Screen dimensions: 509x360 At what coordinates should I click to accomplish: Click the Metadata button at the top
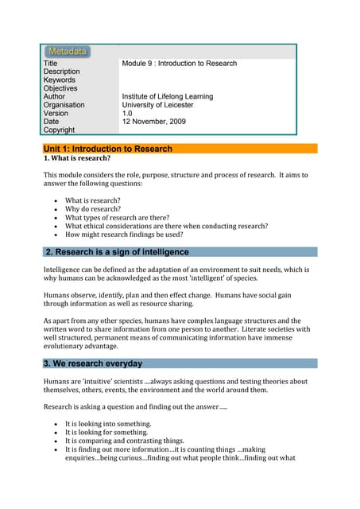[68, 52]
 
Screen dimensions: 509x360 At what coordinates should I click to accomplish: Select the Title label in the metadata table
[50, 64]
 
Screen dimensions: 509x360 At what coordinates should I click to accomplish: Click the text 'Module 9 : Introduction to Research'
[179, 64]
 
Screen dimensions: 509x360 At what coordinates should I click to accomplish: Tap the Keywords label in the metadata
[60, 80]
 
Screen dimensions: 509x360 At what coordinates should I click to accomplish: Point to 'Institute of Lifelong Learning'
[167, 97]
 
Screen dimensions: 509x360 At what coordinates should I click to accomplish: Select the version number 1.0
[127, 114]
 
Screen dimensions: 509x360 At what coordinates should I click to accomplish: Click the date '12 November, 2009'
[153, 122]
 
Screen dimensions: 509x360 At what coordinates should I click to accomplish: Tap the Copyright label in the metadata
[59, 130]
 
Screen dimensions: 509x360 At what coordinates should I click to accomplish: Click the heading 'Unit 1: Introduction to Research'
[108, 149]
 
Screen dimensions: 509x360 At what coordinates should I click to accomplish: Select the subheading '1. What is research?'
[76, 158]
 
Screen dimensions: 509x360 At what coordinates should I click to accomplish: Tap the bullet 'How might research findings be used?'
[124, 235]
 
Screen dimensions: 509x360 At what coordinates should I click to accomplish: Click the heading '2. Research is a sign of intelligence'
[118, 252]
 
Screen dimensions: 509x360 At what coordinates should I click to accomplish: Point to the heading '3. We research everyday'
[94, 363]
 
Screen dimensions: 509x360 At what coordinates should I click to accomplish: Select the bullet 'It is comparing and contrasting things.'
[125, 441]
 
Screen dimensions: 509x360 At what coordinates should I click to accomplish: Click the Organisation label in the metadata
[64, 105]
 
